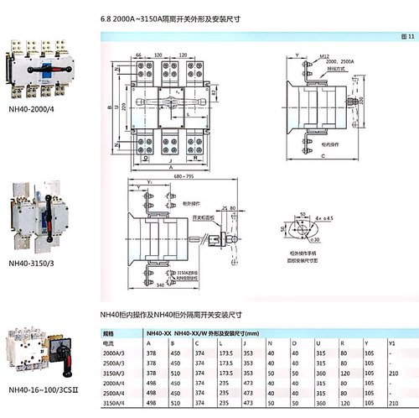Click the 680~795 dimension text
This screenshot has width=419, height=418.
(x=177, y=177)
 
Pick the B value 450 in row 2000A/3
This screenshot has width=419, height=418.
(x=174, y=353)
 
